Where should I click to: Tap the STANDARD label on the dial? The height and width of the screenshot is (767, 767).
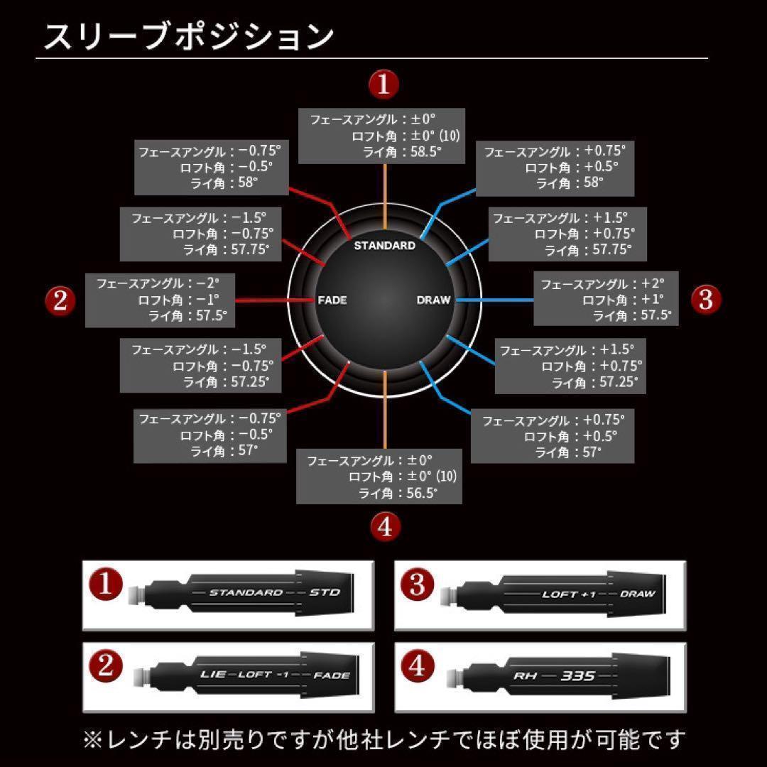pos(384,246)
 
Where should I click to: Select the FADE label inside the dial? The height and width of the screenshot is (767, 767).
pos(332,300)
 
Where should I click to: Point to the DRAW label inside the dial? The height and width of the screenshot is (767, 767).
pos(433,300)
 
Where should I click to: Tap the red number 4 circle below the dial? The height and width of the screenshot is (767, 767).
pos(385,527)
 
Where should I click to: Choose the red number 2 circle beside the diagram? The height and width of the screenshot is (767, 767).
pos(60,300)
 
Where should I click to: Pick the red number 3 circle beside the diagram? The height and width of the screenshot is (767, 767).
pos(705,299)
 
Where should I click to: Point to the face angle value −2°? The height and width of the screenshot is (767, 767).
pos(206,283)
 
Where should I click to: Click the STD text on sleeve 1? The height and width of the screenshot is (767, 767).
pos(325,592)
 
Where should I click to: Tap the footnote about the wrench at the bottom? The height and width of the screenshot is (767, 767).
pos(383,740)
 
